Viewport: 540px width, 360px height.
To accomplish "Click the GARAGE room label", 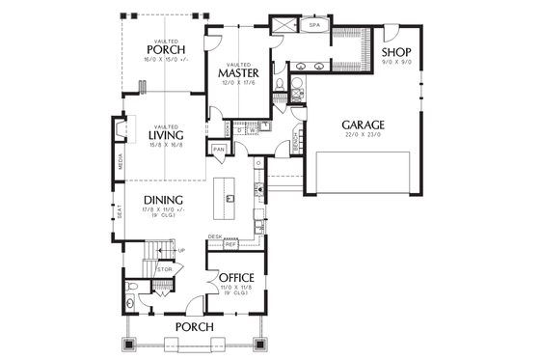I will (x=363, y=125).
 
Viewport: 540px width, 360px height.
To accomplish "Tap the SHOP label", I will (x=397, y=52).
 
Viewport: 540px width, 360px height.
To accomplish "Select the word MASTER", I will (x=235, y=72).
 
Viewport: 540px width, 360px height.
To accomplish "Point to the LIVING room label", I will (x=166, y=135).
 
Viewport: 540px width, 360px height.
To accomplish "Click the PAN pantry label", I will (x=219, y=150).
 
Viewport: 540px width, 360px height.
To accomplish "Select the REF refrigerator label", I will (x=230, y=244).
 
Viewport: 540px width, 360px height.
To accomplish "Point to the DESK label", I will (x=215, y=235).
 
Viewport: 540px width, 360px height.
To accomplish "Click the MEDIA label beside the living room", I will (x=121, y=163).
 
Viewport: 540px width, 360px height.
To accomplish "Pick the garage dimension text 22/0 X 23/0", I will (x=363, y=137).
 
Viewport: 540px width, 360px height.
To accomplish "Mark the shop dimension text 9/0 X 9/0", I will (x=397, y=63).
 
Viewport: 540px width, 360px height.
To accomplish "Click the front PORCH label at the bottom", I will (x=192, y=327).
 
